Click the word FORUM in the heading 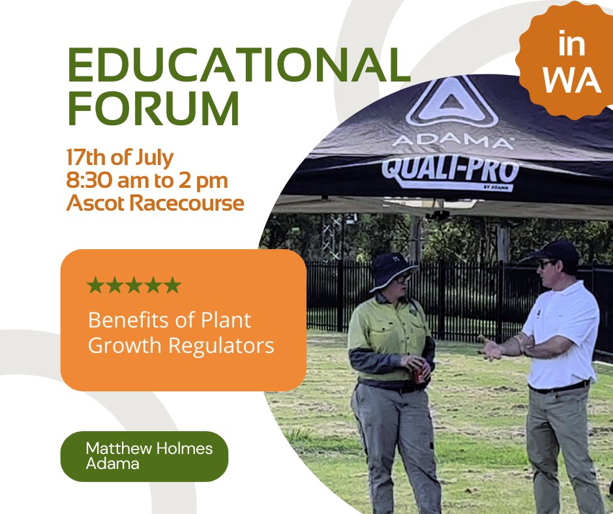click(154, 110)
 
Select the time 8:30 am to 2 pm click(147, 180)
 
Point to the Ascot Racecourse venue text click(155, 203)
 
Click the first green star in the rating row click(95, 285)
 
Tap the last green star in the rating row click(172, 285)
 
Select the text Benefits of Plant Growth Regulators click(181, 333)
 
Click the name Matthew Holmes click(149, 449)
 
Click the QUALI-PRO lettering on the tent click(450, 170)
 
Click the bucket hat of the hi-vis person click(392, 268)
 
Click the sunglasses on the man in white click(545, 264)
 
